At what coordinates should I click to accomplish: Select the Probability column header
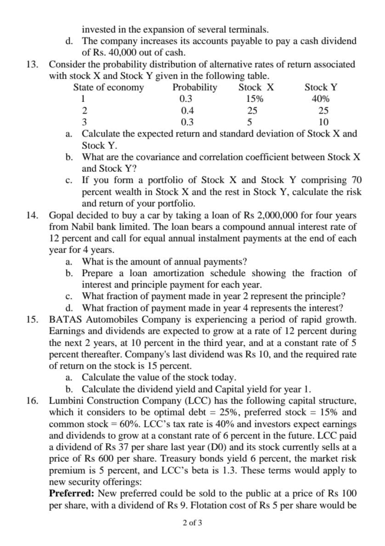pos(195,87)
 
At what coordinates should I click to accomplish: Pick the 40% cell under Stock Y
pos(320,99)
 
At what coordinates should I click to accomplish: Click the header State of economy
pos(108,87)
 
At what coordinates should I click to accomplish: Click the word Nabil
pos(81,227)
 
